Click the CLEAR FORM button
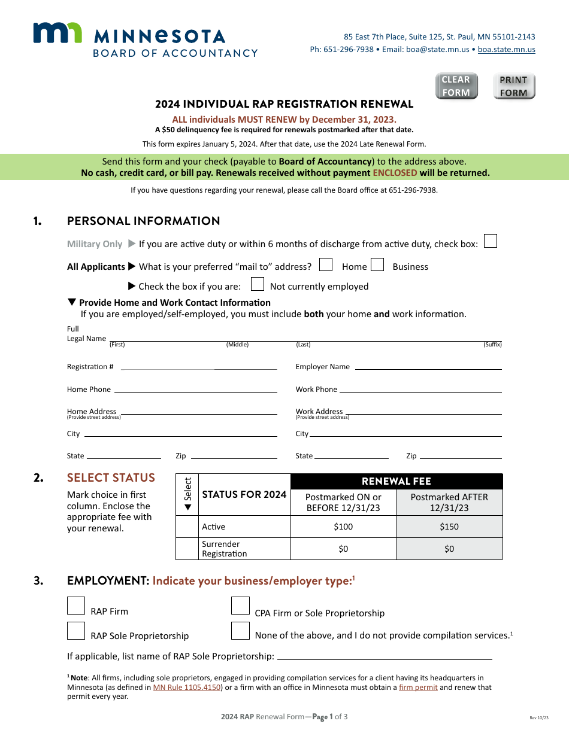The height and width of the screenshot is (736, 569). [x=456, y=86]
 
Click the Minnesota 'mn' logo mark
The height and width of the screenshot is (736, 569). [x=57, y=33]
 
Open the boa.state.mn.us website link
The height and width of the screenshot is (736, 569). [x=506, y=50]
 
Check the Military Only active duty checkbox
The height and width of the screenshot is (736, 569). [x=490, y=241]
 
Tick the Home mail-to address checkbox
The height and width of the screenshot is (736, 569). [x=326, y=264]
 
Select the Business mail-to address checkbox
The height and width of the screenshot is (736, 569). [x=377, y=264]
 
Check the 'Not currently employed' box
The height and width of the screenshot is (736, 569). [x=258, y=284]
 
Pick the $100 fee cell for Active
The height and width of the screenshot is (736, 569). [x=343, y=527]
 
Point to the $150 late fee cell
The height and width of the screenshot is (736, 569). [x=449, y=527]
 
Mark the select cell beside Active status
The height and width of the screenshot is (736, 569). [x=187, y=527]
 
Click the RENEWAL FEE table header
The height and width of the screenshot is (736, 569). [x=396, y=482]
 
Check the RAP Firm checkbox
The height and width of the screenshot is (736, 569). [x=76, y=606]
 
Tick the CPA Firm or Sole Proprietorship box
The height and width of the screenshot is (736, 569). [x=240, y=606]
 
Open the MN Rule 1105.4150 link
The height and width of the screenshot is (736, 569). [x=187, y=688]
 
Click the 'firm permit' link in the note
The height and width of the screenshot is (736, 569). [x=418, y=688]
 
